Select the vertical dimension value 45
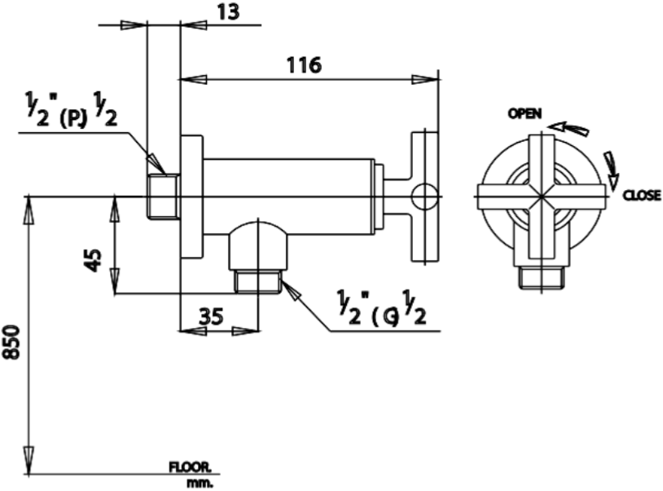[x=94, y=260]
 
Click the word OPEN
[x=525, y=114]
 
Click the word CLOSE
[x=642, y=196]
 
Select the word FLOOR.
[x=189, y=468]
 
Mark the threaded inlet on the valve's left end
[x=163, y=197]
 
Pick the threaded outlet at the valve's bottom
[x=257, y=281]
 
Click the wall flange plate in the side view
[x=191, y=197]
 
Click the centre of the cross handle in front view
[x=541, y=197]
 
